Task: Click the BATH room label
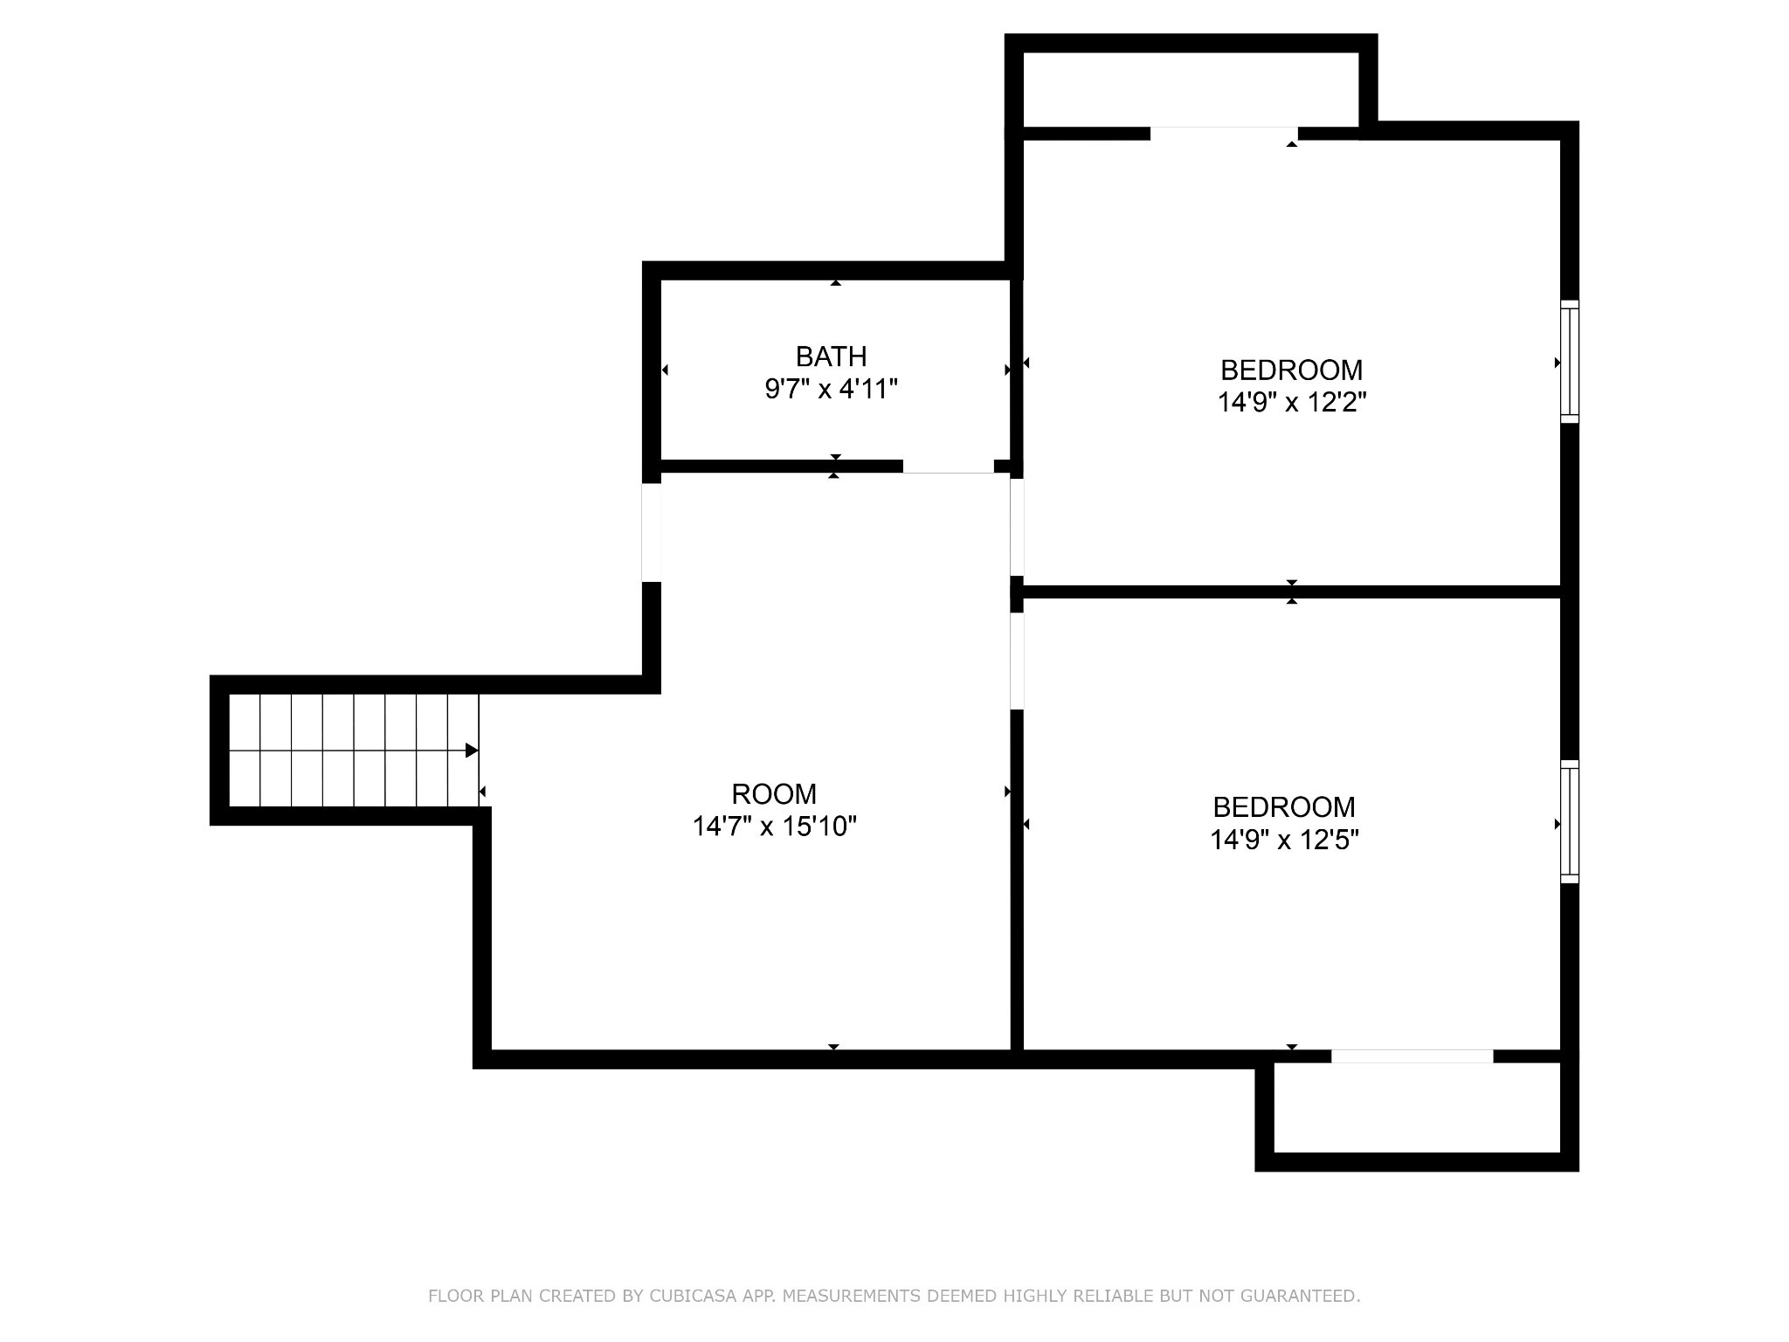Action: (x=831, y=356)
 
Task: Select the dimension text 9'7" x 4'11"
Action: (x=831, y=389)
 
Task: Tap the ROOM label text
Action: (x=774, y=794)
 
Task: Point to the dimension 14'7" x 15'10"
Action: (x=774, y=827)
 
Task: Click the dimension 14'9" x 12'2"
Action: (x=1291, y=403)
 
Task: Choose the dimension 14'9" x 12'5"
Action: (x=1283, y=840)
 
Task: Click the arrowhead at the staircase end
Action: (x=472, y=751)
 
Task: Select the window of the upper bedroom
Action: (x=1570, y=362)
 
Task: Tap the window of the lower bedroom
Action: (x=1570, y=822)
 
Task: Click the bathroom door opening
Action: (x=948, y=467)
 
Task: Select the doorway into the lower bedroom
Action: (x=1017, y=661)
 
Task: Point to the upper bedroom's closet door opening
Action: (x=1223, y=134)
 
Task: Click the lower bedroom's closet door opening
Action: (x=1412, y=1056)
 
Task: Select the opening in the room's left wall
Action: (x=651, y=532)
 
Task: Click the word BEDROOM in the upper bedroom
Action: (x=1291, y=370)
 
